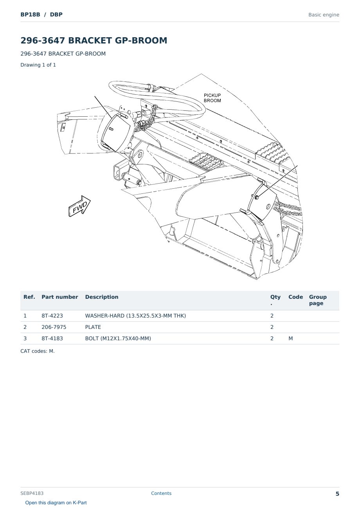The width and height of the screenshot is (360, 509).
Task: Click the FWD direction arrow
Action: point(79,206)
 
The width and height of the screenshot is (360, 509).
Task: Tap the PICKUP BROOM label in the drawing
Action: point(212,98)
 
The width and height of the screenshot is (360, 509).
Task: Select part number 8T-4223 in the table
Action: point(52,316)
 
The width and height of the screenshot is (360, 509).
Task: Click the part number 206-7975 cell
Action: point(54,327)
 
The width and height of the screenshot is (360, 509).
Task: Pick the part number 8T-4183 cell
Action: point(52,338)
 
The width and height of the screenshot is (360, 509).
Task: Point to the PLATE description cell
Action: point(93,327)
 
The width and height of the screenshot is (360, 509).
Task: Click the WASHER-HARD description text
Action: point(135,316)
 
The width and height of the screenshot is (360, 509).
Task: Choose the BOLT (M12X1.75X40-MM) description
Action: point(118,338)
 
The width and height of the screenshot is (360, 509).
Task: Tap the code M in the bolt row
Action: point(290,338)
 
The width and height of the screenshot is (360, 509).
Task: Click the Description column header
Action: point(101,297)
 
